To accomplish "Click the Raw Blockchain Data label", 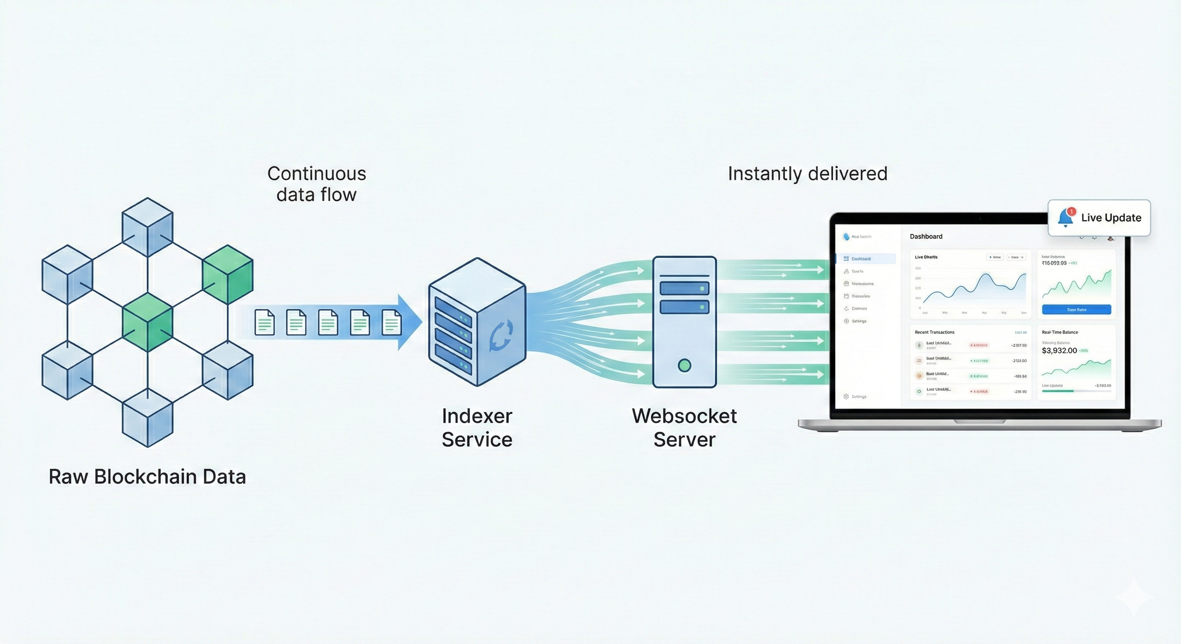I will coord(147,477).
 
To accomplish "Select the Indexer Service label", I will coord(477,427).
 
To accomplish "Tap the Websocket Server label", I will coord(684,427).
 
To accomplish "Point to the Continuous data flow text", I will coord(316,184).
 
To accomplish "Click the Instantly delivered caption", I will coord(807,174).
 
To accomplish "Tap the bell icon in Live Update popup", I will coord(1065,218).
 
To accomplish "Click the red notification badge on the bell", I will coord(1072,211).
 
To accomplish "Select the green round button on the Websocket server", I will coord(684,365).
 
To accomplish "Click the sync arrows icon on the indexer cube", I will coord(501,335).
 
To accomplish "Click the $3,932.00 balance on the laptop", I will coord(1059,351).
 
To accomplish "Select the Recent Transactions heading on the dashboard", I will coord(934,332).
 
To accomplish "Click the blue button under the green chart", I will coord(1076,309).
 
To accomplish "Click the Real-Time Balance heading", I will coord(1059,332).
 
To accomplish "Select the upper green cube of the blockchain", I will coord(227,274).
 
